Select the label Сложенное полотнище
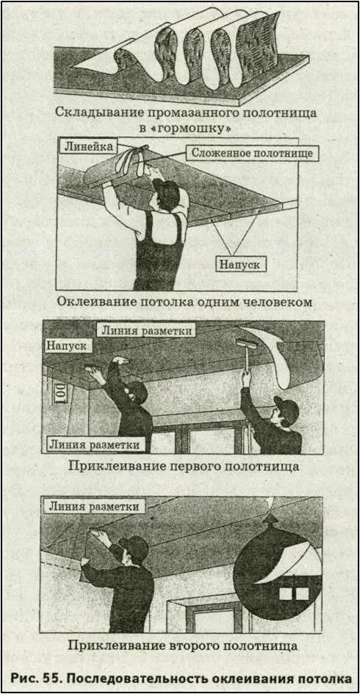252,153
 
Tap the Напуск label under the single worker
238,263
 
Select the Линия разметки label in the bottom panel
93,507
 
